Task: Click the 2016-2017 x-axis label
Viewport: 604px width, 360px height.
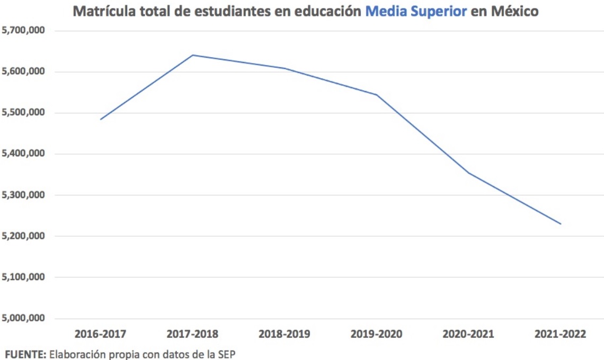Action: pyautogui.click(x=101, y=334)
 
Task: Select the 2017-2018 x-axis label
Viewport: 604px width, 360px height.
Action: pyautogui.click(x=192, y=334)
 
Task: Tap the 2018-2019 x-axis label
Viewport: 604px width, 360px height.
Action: pyautogui.click(x=285, y=334)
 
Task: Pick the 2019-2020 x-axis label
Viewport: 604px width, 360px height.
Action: pyautogui.click(x=377, y=334)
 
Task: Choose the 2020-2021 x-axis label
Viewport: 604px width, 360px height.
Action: pyautogui.click(x=468, y=334)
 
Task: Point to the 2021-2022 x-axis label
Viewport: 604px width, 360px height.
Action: pyautogui.click(x=561, y=334)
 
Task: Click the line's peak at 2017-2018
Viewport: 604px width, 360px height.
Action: pyautogui.click(x=192, y=55)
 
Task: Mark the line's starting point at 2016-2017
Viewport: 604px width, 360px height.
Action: pyautogui.click(x=100, y=119)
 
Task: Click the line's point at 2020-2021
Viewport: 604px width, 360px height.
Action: pyautogui.click(x=469, y=173)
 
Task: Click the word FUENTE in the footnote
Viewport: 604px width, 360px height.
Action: pyautogui.click(x=25, y=353)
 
